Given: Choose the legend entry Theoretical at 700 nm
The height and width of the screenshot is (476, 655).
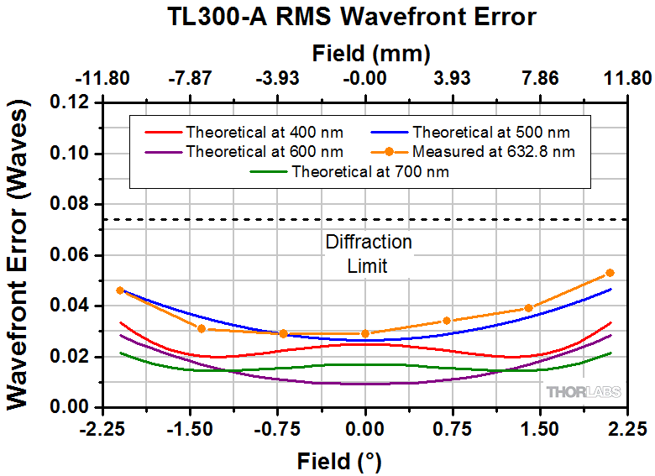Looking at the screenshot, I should click(x=369, y=172).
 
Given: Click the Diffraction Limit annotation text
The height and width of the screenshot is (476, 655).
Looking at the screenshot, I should click(x=368, y=254).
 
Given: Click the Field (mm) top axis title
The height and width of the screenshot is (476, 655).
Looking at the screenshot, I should click(x=370, y=55).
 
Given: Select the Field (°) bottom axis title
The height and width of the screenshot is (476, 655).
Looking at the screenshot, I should click(x=339, y=461).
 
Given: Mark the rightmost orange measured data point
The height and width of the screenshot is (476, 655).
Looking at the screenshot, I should click(x=610, y=273).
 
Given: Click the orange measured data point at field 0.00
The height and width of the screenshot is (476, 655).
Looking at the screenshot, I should click(x=365, y=333).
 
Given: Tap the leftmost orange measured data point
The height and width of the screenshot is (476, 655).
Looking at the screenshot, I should click(x=120, y=290).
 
